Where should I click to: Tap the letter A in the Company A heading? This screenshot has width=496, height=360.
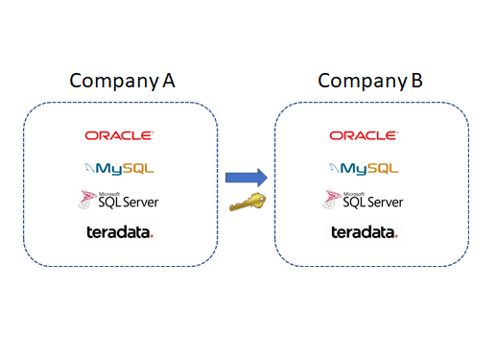169,80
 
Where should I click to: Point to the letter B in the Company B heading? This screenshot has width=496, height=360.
415,80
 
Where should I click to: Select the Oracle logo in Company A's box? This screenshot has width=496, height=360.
119,136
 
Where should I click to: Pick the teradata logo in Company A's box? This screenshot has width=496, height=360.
119,232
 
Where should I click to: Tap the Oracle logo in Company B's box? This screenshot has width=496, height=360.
364,136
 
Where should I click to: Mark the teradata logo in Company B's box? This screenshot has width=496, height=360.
364,232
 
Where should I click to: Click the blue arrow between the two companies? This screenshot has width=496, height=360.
247,177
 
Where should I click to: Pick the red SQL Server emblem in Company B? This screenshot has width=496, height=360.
331,200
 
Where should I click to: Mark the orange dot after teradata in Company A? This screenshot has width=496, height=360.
152,235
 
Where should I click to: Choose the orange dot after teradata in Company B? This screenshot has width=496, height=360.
396,235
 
